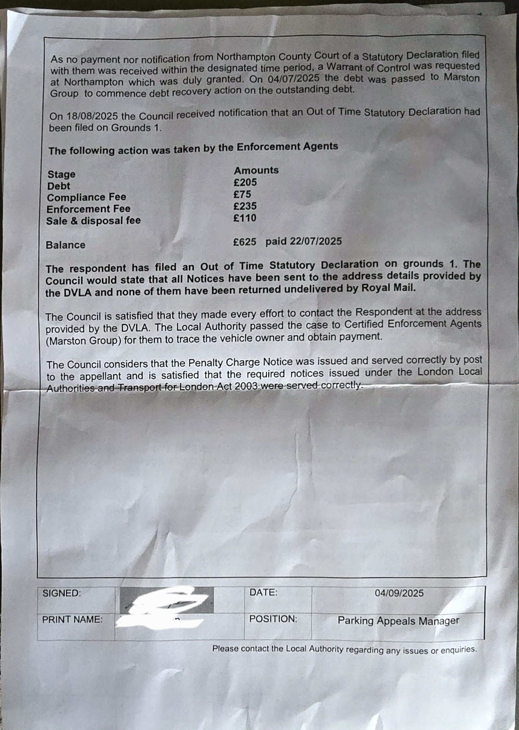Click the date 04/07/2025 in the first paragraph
coord(294,79)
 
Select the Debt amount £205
coord(245,182)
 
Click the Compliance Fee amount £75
coord(242,194)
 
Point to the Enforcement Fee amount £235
coord(245,206)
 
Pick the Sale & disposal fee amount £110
coord(245,218)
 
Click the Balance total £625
coord(245,242)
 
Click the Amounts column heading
coord(256,170)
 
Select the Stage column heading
coord(61,174)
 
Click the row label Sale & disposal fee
coord(93,221)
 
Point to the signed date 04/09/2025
coord(399,593)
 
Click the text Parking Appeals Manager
coord(398,621)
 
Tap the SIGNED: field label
coord(62,593)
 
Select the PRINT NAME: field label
coord(72,620)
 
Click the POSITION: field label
coord(273,619)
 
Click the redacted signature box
coord(166,600)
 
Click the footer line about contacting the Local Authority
coord(344,650)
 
